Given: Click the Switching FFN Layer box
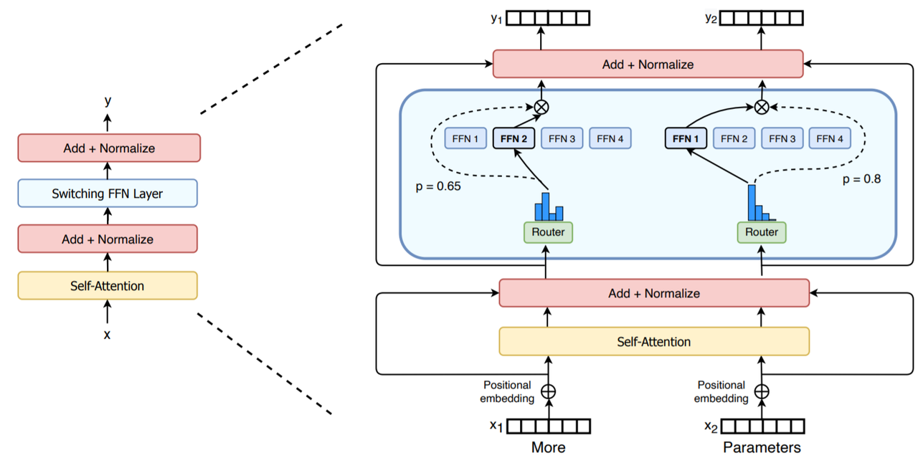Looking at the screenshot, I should (108, 194).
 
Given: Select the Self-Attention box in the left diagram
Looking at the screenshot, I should (108, 285).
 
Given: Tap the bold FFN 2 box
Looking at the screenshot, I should (514, 138).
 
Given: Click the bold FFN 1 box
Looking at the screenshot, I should (686, 138).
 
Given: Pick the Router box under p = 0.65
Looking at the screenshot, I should (548, 232).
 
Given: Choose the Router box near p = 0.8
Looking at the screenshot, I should (762, 232).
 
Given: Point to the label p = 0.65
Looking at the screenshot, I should (437, 186).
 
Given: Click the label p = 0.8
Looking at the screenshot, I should (861, 179).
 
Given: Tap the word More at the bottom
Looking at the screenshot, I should (548, 448).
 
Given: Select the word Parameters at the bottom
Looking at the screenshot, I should (762, 448).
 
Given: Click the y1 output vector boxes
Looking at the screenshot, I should (548, 18).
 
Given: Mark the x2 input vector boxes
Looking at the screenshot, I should (762, 426).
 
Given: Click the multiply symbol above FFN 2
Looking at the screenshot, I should (541, 107).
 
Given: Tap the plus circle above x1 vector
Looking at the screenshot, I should (548, 391).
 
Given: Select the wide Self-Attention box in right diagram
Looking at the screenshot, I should (653, 342).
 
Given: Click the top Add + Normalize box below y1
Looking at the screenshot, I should (648, 64).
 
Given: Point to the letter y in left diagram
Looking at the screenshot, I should (108, 100).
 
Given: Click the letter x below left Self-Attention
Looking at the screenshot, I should (108, 334).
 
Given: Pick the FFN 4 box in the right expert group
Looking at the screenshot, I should (830, 138).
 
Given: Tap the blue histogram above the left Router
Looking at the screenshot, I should (549, 207).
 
